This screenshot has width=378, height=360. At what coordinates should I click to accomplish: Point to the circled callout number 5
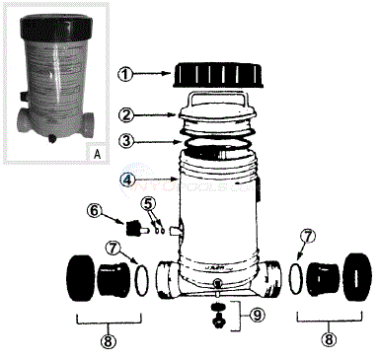[x=149, y=204]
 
